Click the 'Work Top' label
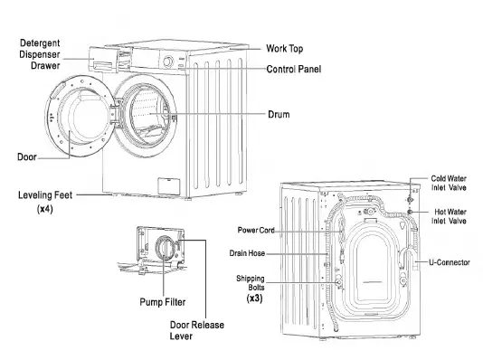click(x=289, y=47)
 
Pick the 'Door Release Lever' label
click(x=196, y=330)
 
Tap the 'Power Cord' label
click(x=256, y=231)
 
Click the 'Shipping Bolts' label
click(x=251, y=284)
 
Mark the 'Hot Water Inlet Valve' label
click(x=450, y=215)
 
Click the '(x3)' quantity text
click(x=253, y=298)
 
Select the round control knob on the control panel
click(x=168, y=62)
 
